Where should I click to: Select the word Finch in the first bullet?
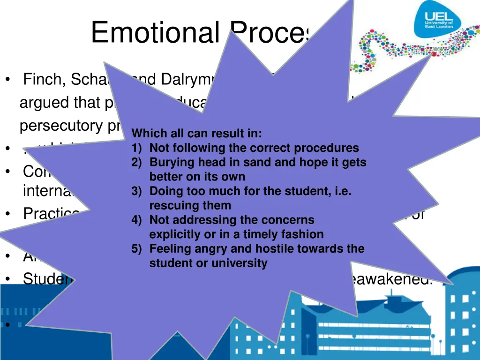coord(44,80)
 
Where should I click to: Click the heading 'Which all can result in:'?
coord(197,134)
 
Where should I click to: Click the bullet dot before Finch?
coord(8,80)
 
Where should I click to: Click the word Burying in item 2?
coord(169,163)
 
